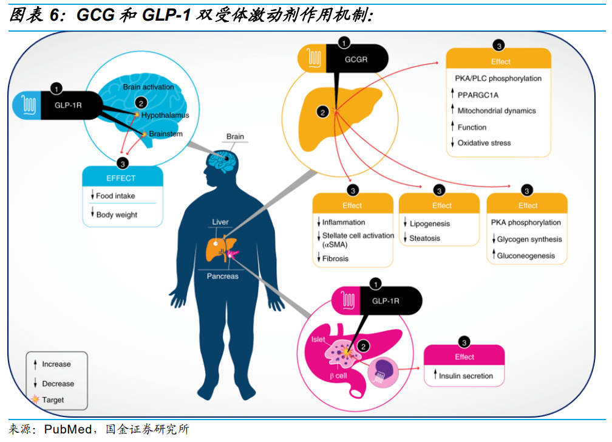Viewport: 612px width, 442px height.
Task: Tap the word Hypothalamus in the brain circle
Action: [165, 115]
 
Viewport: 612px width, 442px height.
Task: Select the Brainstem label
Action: [165, 134]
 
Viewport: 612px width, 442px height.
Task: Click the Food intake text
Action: [115, 196]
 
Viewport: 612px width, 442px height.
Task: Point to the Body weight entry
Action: [117, 215]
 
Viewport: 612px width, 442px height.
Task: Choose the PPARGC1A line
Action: [478, 95]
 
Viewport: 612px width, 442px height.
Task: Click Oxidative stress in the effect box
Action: [484, 143]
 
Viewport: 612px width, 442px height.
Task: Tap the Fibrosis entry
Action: [335, 258]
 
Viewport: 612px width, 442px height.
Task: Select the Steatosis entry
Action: [424, 238]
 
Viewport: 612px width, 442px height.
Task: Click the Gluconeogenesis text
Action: [526, 256]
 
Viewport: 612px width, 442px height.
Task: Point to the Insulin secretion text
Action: [466, 376]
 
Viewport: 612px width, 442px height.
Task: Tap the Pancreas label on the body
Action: [222, 276]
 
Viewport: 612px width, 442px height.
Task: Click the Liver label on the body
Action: [220, 223]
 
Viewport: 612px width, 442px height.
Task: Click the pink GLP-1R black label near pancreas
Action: [385, 300]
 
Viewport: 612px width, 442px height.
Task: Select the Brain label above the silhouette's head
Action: [235, 136]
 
